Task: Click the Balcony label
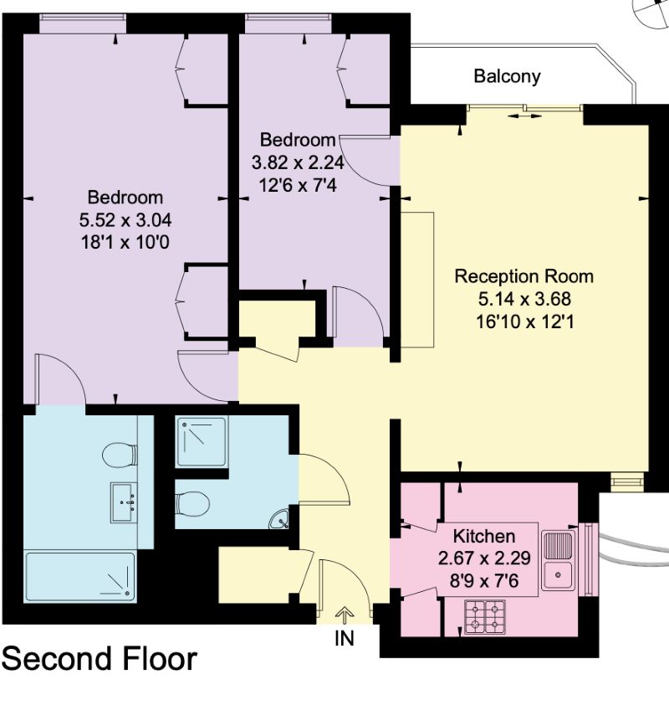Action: click(507, 76)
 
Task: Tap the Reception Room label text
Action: click(524, 276)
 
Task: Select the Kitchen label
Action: click(484, 536)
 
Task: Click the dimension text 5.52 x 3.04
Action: click(125, 220)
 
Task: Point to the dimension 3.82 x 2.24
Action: click(298, 162)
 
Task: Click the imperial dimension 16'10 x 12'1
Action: click(525, 322)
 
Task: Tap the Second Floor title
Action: click(100, 659)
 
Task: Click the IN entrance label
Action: click(345, 639)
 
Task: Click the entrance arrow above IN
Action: click(345, 615)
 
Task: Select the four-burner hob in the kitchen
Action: click(484, 617)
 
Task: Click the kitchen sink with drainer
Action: click(558, 561)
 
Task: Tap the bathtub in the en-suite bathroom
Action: click(80, 577)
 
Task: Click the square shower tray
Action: click(202, 442)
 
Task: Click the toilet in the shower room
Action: click(192, 504)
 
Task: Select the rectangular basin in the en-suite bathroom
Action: click(124, 502)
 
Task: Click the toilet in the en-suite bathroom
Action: click(120, 455)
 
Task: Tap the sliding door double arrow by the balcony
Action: click(524, 116)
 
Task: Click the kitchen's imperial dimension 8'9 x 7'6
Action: click(484, 580)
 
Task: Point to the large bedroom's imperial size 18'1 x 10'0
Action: click(125, 242)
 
